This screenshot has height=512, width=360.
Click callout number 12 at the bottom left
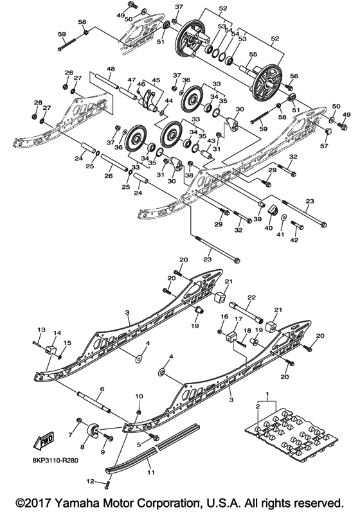91,482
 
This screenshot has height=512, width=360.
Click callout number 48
111,69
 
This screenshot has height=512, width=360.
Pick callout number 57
324,146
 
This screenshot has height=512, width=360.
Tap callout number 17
239,318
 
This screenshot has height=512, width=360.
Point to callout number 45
156,81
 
